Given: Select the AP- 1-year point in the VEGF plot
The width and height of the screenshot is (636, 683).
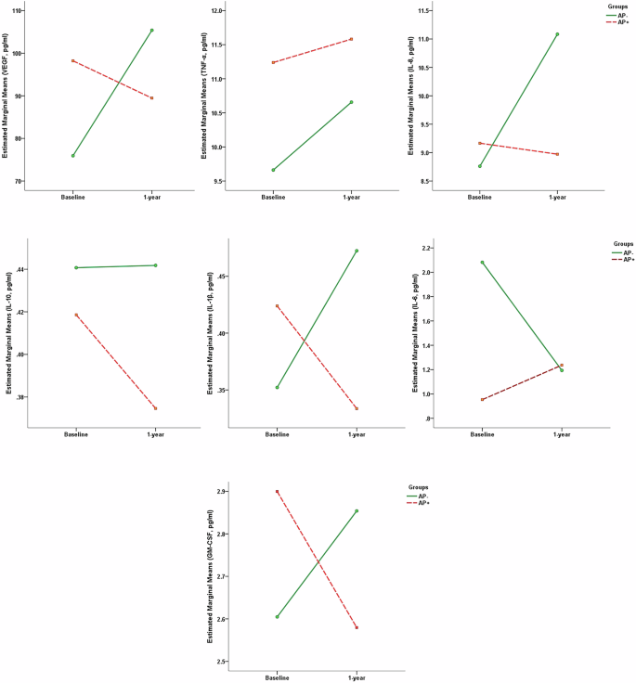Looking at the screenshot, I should pos(151,30).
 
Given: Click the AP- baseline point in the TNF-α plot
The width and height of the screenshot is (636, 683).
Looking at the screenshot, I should pos(273,170).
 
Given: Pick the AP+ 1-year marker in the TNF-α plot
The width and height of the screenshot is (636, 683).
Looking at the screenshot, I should pos(352,39).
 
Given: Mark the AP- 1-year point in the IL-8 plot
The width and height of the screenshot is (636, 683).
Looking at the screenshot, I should pos(557,33).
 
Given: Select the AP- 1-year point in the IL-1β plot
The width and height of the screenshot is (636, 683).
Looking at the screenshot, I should pos(357,251).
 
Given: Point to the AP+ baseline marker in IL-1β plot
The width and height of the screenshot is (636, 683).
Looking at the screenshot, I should pos(278,305).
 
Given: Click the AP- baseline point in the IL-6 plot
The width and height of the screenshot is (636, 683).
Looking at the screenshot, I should pos(482,262).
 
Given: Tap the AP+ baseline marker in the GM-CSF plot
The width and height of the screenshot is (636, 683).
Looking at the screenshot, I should pos(278,491).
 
